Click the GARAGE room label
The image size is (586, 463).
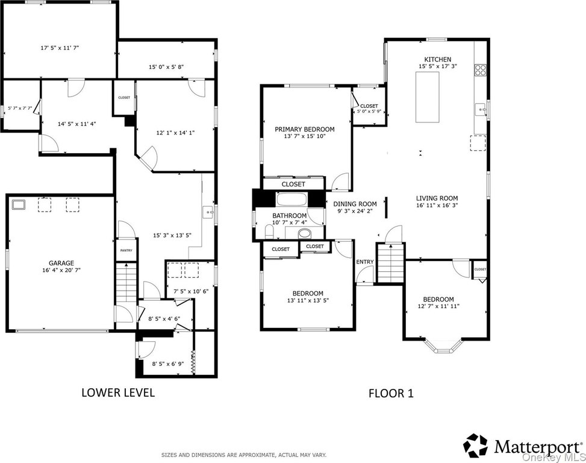click(x=61, y=263)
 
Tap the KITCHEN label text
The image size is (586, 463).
click(x=438, y=60)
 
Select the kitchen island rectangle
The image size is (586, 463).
click(x=428, y=97)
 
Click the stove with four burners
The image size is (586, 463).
click(x=480, y=70)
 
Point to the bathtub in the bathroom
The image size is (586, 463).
click(x=292, y=200)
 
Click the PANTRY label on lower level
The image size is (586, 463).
click(x=126, y=251)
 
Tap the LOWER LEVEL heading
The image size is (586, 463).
click(x=118, y=392)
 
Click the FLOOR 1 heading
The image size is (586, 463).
click(x=391, y=394)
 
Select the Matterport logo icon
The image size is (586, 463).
click(x=476, y=446)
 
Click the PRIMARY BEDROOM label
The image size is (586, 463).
click(x=305, y=130)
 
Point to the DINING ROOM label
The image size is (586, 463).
click(x=355, y=204)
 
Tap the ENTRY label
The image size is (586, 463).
click(x=365, y=262)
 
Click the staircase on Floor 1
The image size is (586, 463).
click(x=390, y=263)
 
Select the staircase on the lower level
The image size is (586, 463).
click(x=126, y=282)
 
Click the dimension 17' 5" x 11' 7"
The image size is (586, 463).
click(x=60, y=48)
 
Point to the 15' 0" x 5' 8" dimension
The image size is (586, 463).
click(x=166, y=67)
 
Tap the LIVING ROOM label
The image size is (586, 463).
click(x=437, y=198)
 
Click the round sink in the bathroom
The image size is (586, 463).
click(x=305, y=234)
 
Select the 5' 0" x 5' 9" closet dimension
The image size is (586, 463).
click(x=369, y=111)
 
